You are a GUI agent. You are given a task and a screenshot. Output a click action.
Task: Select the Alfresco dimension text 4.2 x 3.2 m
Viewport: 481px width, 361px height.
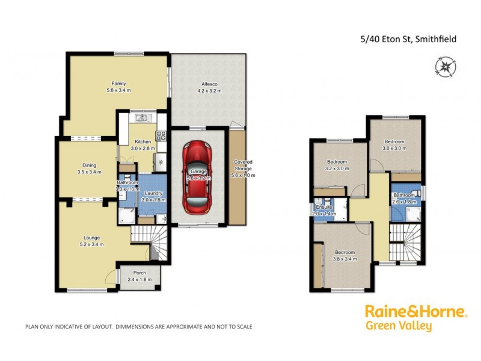[x=208, y=91]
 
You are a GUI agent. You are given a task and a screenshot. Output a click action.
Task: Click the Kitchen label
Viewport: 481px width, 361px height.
[x=142, y=141]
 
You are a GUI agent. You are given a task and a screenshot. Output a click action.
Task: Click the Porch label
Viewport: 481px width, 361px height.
[x=139, y=272]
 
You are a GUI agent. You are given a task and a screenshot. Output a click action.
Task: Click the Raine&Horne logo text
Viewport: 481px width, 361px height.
[x=415, y=312]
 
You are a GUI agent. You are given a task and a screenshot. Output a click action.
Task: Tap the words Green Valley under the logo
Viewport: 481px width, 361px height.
[x=398, y=327]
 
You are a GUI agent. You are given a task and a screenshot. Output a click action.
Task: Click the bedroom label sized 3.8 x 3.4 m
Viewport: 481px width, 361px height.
[x=345, y=252]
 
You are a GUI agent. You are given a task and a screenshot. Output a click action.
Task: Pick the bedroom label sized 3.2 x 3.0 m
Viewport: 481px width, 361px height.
[x=337, y=162]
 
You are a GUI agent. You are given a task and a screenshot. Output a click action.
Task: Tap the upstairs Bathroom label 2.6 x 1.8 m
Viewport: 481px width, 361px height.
[x=404, y=196]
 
